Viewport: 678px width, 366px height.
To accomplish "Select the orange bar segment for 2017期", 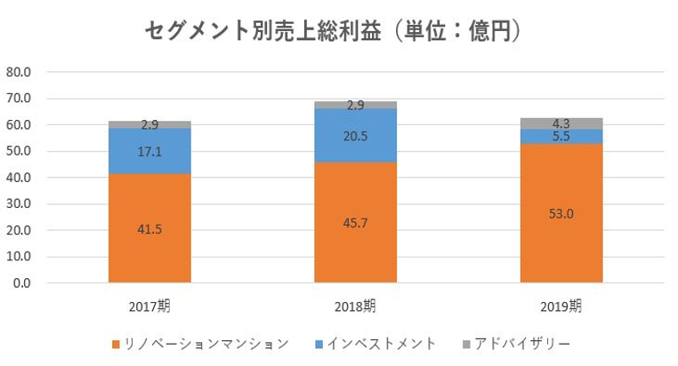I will pos(149,249).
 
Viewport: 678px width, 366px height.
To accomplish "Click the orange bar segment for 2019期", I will pos(561,249).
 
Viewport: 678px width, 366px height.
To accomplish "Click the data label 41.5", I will pos(149,229).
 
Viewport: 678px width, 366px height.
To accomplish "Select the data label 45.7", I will pos(356,224).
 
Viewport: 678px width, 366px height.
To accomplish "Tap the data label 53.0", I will pos(561,213).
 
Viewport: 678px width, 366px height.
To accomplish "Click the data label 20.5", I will pos(356,136).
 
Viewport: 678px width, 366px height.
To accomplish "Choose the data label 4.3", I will pos(561,123).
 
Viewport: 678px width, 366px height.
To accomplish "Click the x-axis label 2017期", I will pos(149,306).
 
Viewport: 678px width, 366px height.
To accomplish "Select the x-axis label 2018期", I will pos(356,306).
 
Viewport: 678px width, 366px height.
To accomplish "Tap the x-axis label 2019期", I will pos(561,306).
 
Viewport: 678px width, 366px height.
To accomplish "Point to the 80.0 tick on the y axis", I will pos(19,72).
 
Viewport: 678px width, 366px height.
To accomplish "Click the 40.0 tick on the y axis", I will pos(19,178).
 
